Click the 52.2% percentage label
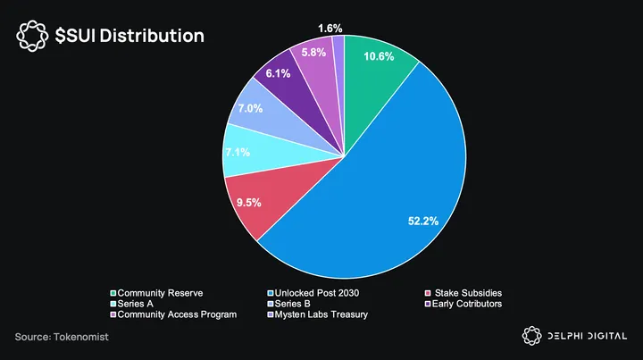(x=424, y=221)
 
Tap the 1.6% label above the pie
(x=330, y=29)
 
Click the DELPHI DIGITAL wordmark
(x=590, y=336)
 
